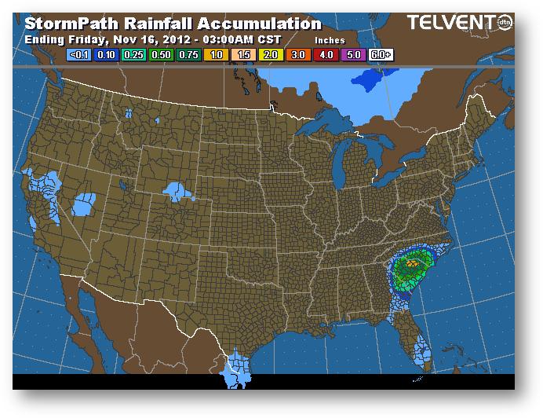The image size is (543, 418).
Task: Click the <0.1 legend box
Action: (80, 56)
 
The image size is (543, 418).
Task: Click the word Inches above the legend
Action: (329, 40)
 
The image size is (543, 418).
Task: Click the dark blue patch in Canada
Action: (372, 79)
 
